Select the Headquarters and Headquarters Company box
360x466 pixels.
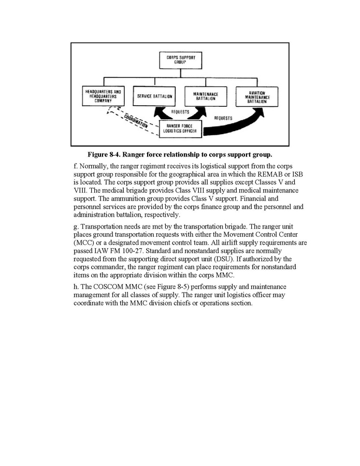point(103,96)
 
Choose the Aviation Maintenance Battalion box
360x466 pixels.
point(256,96)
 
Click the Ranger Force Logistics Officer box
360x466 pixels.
point(179,128)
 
